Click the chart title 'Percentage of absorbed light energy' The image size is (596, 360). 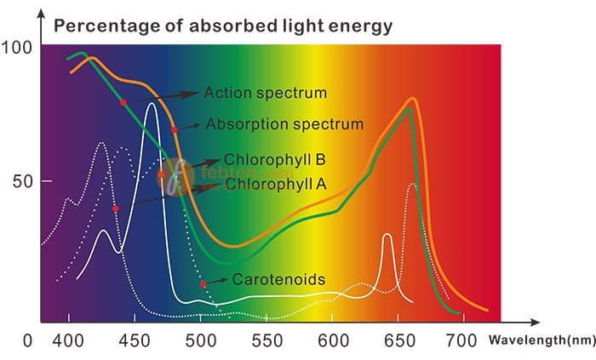coord(223,26)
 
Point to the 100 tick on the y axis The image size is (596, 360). coord(18,48)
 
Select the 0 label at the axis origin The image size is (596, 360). coord(28,341)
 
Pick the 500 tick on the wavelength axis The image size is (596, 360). coord(202,341)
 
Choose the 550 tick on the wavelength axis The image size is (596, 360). coord(267,341)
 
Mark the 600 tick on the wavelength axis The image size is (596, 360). coord(334,341)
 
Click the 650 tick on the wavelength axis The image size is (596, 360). coord(400,341)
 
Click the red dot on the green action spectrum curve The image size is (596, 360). coord(123,102)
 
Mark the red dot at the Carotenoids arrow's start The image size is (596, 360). coord(203,283)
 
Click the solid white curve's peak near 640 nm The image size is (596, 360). coord(387,234)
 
